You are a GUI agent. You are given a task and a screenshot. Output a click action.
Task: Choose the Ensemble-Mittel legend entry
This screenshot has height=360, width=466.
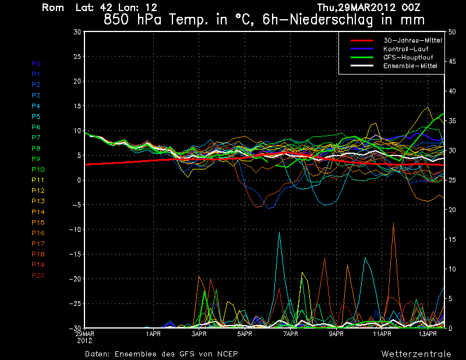pyautogui.click(x=410, y=66)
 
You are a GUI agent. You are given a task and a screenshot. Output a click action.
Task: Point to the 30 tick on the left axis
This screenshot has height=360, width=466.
pyautogui.click(x=76, y=32)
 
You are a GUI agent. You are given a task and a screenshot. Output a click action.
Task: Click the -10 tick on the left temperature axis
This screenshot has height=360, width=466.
pyautogui.click(x=74, y=230)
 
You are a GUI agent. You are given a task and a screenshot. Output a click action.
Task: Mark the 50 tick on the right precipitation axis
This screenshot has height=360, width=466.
pyautogui.click(x=449, y=32)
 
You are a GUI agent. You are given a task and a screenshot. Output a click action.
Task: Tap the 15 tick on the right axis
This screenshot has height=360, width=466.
pyautogui.click(x=449, y=239)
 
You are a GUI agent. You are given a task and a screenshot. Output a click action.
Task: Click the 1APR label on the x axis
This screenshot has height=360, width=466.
pyautogui.click(x=153, y=334)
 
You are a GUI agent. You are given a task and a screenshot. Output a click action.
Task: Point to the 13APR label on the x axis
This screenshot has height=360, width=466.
pyautogui.click(x=428, y=334)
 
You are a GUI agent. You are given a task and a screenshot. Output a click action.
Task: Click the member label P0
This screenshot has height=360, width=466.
pyautogui.click(x=36, y=63)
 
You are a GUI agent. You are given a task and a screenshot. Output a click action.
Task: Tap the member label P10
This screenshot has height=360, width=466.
pyautogui.click(x=37, y=170)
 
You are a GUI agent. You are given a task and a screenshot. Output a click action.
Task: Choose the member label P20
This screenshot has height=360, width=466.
pyautogui.click(x=37, y=275)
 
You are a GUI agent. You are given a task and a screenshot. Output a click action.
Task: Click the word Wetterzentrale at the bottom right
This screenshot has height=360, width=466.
pyautogui.click(x=416, y=354)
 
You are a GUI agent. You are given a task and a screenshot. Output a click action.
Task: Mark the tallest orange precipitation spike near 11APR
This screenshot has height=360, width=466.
pyautogui.click(x=394, y=224)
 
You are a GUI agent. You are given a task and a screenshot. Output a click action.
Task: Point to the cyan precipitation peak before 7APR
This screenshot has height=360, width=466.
pyautogui.click(x=280, y=233)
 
